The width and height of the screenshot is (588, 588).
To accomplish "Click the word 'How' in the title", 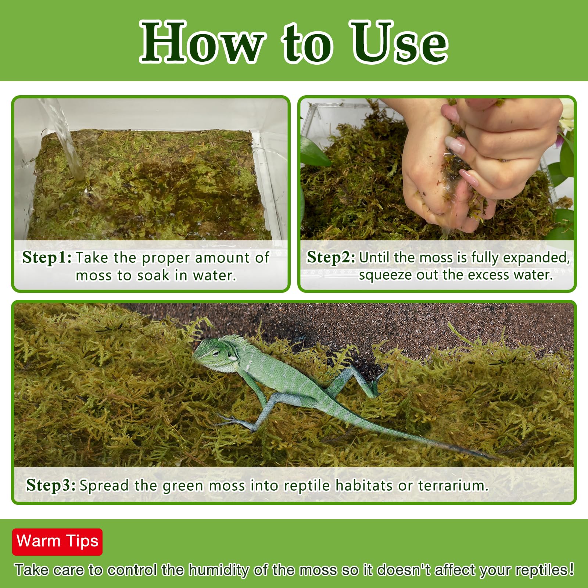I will [x=201, y=42].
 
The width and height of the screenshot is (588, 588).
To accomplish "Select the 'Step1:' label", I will [x=47, y=257].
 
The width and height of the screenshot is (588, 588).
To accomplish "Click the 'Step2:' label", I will [x=331, y=257].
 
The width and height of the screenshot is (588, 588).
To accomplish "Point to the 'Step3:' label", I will [x=51, y=485].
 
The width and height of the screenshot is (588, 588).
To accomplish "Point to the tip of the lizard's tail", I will [x=494, y=458].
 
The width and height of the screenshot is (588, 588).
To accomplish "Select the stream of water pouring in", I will [x=66, y=140].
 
